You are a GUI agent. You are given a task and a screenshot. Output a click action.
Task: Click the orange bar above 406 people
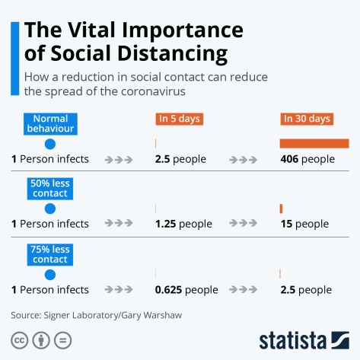coord(314,143)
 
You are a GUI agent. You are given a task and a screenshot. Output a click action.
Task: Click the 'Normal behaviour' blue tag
coord(49,123)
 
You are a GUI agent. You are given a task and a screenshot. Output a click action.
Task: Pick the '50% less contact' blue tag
coord(49,188)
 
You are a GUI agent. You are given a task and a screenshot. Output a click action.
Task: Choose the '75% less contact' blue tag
coord(49,254)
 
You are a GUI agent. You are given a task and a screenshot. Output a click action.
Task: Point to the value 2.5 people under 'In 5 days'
coord(180,159)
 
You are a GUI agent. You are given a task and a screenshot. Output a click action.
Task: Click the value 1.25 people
coord(183,224)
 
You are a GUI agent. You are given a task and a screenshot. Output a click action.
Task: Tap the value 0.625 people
coord(186,290)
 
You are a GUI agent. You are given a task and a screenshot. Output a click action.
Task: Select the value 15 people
coord(304,224)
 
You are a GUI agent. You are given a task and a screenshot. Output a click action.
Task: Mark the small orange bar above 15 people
coord(281,209)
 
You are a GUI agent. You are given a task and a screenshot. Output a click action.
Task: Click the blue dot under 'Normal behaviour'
coord(50,144)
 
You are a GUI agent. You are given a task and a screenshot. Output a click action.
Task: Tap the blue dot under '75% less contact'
coord(50,275)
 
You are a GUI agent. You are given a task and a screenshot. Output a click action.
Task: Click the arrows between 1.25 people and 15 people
coord(243,224)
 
